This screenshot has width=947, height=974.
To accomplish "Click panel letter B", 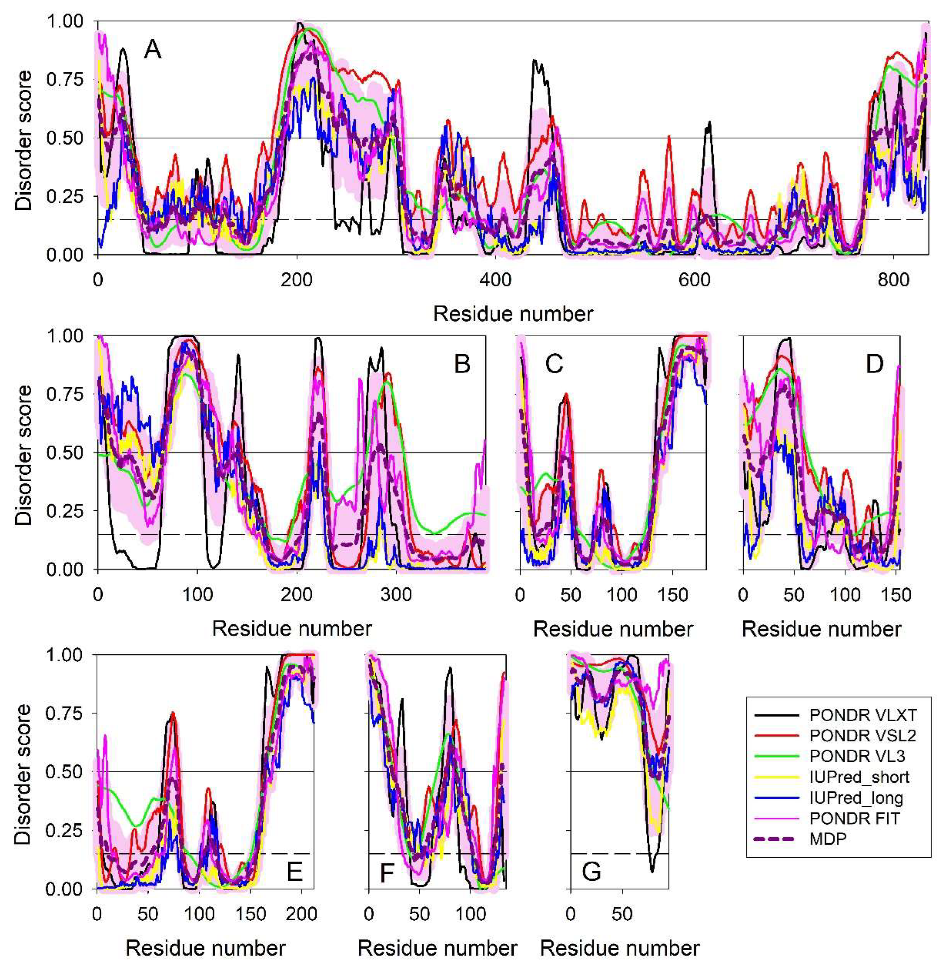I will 462,365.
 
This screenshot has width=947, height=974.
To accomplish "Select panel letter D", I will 874,365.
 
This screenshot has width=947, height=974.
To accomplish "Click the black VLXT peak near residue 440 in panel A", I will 535,61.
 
